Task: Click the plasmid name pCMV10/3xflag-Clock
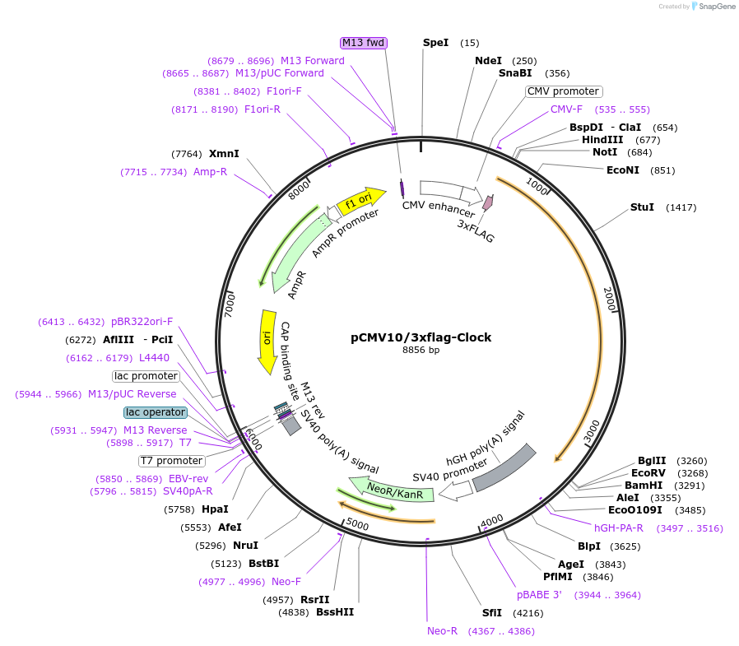tap(421, 337)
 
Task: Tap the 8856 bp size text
tap(421, 350)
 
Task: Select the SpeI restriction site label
tap(435, 43)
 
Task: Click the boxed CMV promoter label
tap(564, 91)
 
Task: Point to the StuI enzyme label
tap(642, 207)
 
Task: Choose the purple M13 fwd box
tap(363, 43)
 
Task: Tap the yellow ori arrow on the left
tap(267, 333)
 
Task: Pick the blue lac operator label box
tap(156, 411)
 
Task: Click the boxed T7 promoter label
tap(171, 461)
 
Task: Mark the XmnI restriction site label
tap(224, 154)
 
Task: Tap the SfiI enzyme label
tap(491, 613)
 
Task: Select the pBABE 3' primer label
tap(539, 595)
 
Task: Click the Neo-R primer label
tap(442, 631)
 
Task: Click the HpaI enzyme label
tap(216, 509)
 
